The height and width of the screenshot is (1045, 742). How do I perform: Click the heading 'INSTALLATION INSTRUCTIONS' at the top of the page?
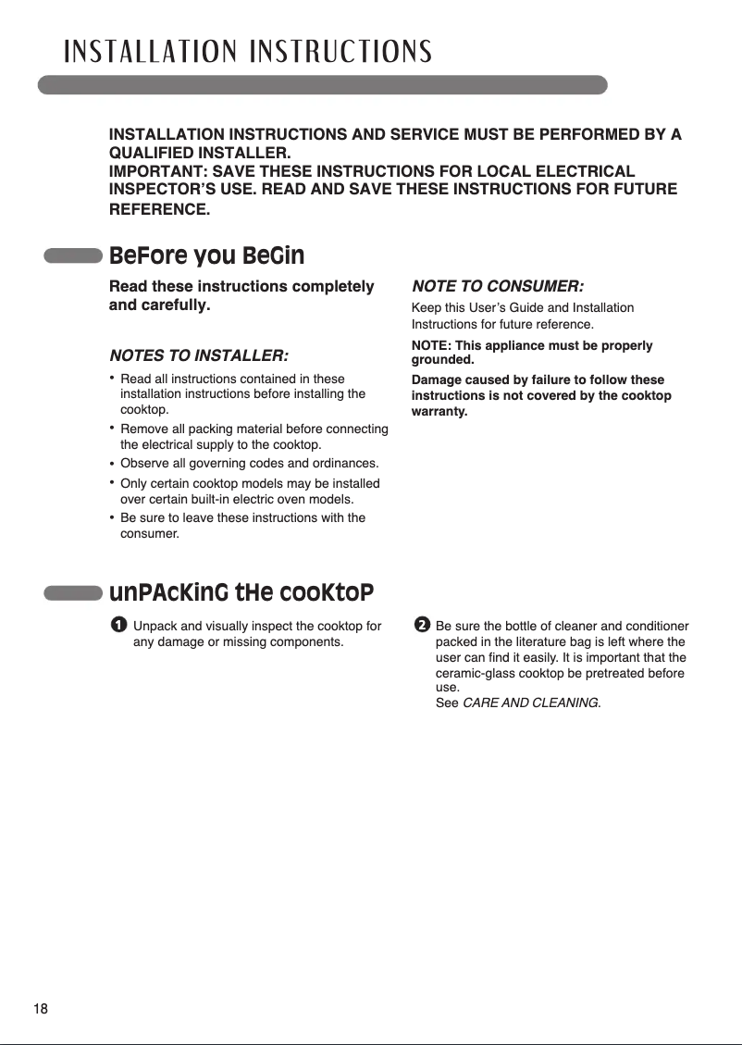[247, 52]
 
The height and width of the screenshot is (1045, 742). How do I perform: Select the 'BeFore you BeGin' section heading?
[206, 255]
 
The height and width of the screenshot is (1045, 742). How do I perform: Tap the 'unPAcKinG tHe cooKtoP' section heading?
[241, 591]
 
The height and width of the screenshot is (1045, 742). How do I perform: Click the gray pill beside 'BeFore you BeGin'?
[73, 256]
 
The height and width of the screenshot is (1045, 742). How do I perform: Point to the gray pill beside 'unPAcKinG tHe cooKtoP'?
[73, 592]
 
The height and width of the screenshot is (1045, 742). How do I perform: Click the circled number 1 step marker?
[117, 627]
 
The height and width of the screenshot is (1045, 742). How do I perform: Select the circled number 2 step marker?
[422, 627]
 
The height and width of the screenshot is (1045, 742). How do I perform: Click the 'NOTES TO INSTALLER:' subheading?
[198, 355]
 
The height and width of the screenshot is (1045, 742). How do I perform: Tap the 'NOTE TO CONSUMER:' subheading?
[497, 285]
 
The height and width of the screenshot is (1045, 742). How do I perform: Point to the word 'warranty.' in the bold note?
[439, 410]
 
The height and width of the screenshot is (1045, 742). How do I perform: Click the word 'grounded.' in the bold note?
[442, 359]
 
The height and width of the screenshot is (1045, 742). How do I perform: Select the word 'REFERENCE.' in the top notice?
[160, 210]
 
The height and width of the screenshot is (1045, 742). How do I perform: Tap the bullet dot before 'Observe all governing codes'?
[112, 463]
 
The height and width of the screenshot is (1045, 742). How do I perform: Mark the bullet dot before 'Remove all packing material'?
[112, 428]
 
